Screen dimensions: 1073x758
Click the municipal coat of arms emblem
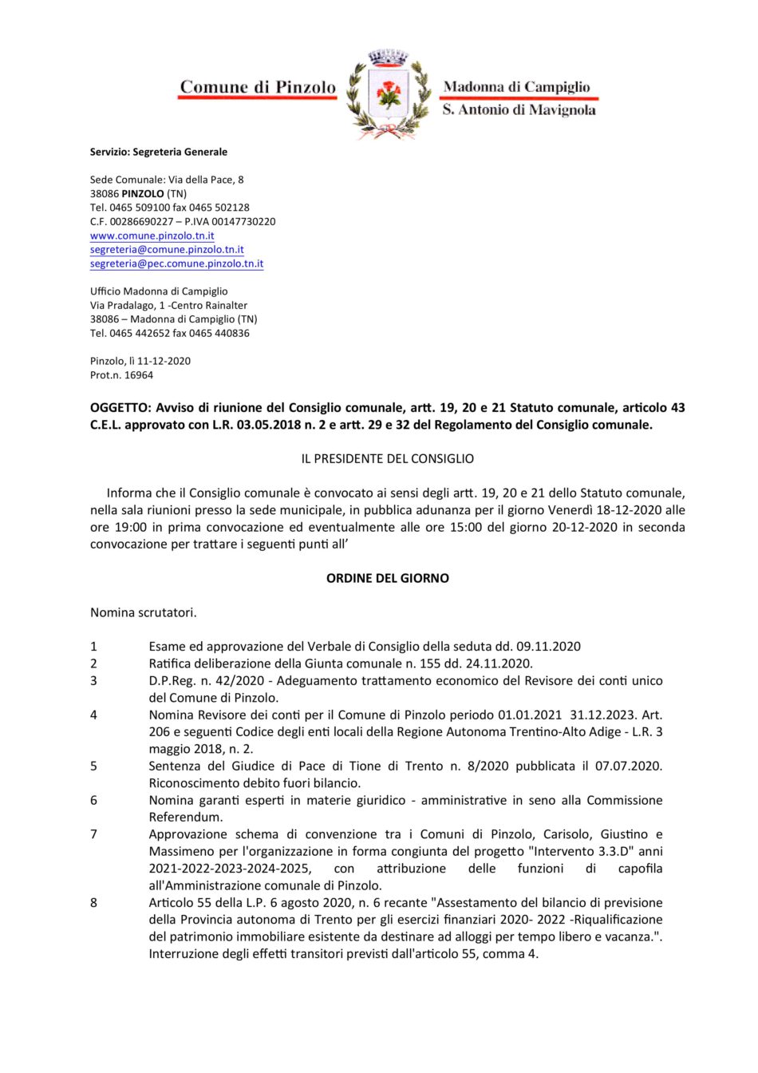click(x=389, y=94)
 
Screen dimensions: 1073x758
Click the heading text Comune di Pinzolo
click(x=258, y=87)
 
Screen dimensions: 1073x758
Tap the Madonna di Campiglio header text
click(x=516, y=86)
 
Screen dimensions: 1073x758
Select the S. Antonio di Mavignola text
click(x=519, y=110)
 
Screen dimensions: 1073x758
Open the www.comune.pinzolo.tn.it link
click(x=152, y=236)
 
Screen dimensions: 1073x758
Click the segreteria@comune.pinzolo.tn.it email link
click(x=167, y=250)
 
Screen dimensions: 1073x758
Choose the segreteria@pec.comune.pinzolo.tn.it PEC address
click(x=176, y=263)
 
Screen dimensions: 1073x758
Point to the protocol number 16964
click(x=139, y=375)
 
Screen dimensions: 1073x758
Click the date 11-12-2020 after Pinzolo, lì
click(x=164, y=361)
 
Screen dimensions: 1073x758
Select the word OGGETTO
click(x=120, y=408)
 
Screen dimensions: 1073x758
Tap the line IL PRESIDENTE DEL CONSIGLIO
click(x=387, y=459)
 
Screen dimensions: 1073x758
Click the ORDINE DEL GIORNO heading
click(x=387, y=578)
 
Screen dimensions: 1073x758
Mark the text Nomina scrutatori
click(x=143, y=612)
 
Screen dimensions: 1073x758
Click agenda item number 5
click(x=93, y=766)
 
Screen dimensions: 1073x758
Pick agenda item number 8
click(x=93, y=903)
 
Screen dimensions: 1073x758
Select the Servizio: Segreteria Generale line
click(x=158, y=152)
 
